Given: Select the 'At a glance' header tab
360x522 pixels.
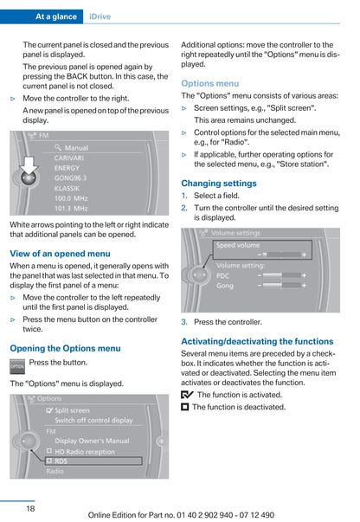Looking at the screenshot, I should [x=58, y=16].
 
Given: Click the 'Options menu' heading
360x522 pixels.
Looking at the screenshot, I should [x=209, y=83].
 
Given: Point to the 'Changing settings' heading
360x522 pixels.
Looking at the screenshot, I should [x=218, y=184].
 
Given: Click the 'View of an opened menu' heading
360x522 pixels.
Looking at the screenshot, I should [x=60, y=254].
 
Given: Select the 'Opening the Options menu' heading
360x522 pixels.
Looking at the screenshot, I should [x=65, y=348].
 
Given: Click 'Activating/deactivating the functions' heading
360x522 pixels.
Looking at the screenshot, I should [x=257, y=341].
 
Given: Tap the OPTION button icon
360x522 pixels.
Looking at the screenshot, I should [x=17, y=366].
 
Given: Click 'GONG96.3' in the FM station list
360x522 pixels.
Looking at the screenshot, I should [x=70, y=177].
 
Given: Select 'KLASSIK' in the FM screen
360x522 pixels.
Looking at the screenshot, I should [x=67, y=188].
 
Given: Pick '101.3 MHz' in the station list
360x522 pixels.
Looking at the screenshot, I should [x=71, y=209].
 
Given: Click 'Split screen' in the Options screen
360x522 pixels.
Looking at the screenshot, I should [x=71, y=409].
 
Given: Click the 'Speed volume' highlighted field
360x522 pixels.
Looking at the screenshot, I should [x=260, y=251].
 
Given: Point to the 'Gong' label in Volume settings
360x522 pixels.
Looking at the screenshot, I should [x=225, y=285].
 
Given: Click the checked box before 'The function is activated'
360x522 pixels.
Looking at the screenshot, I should [x=187, y=395].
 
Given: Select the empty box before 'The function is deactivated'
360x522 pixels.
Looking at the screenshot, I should [x=185, y=407].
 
